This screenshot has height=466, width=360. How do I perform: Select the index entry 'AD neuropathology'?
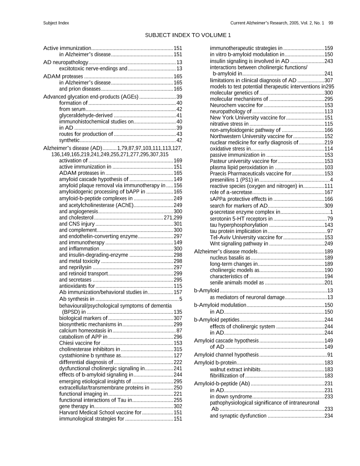pyautogui.click(x=66, y=62)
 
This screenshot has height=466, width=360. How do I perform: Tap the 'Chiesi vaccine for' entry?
pyautogui.click(x=79, y=342)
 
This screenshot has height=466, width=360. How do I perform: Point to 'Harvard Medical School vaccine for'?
pyautogui.click(x=100, y=412)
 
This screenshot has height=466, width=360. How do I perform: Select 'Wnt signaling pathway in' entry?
pyautogui.click(x=239, y=243)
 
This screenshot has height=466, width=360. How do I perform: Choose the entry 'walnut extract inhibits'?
pyautogui.click(x=235, y=369)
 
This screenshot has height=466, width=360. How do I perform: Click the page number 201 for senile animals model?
pyautogui.click(x=328, y=282)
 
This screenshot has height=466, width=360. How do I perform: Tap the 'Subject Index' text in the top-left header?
pyautogui.click(x=56, y=23)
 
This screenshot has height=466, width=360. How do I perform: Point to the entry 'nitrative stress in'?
pyautogui.click(x=229, y=124)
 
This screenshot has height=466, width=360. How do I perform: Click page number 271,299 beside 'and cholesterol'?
pyautogui.click(x=172, y=218)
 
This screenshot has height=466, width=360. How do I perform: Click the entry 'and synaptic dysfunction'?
pyautogui.click(x=238, y=416)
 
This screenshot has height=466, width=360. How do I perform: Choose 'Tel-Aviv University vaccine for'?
pyautogui.click(x=246, y=237)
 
